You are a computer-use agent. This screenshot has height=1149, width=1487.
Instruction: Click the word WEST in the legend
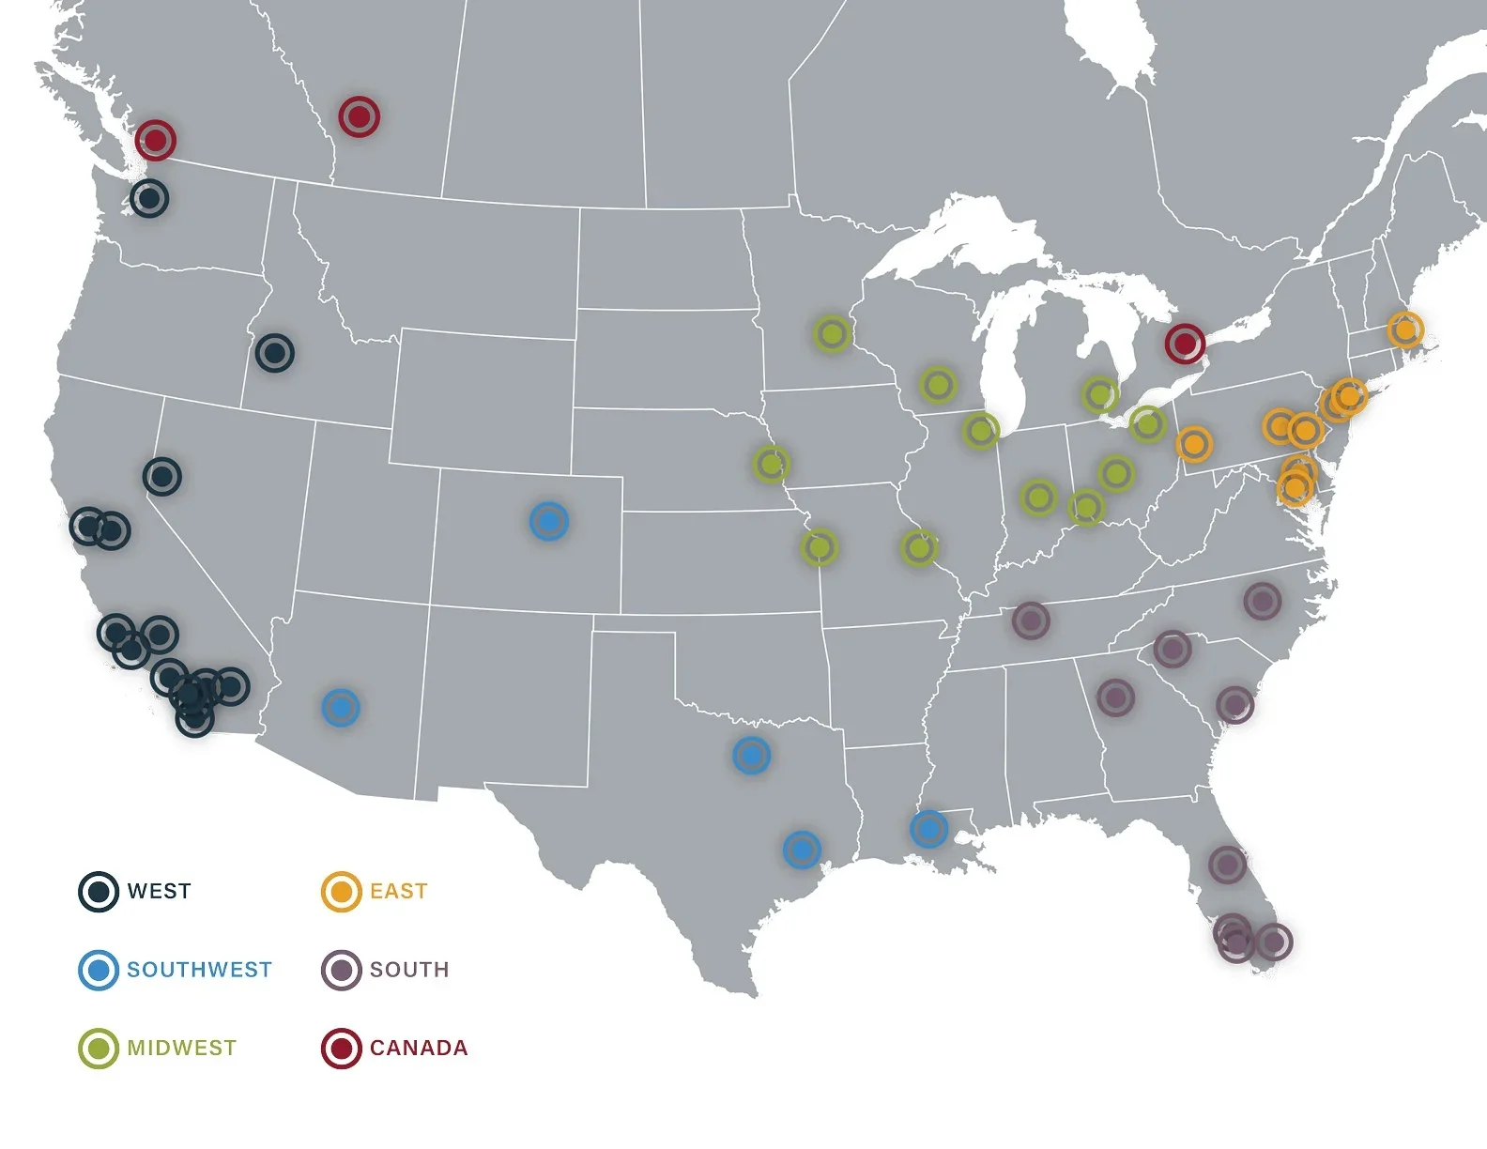pyautogui.click(x=159, y=891)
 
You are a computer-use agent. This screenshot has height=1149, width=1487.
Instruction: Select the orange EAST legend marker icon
pyautogui.click(x=341, y=891)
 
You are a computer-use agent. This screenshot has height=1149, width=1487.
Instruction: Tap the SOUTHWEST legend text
pyautogui.click(x=199, y=970)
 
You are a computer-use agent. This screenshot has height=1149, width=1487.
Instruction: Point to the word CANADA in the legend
pyautogui.click(x=419, y=1048)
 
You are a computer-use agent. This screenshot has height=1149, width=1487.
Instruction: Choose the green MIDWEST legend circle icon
pyautogui.click(x=98, y=1048)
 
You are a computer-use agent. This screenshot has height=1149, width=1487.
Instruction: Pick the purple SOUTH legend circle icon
pyautogui.click(x=341, y=970)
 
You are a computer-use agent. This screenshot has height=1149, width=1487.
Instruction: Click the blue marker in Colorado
pyautogui.click(x=549, y=521)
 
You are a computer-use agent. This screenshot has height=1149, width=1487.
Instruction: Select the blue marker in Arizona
pyautogui.click(x=341, y=707)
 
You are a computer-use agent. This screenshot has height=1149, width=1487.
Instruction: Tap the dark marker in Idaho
pyautogui.click(x=275, y=353)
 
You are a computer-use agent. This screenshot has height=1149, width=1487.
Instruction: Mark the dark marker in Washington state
pyautogui.click(x=149, y=199)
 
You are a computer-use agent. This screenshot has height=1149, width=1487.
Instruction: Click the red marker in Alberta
pyautogui.click(x=359, y=116)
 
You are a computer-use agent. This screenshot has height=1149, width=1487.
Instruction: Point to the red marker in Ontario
pyautogui.click(x=1185, y=344)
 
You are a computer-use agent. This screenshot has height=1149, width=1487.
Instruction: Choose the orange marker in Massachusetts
pyautogui.click(x=1405, y=329)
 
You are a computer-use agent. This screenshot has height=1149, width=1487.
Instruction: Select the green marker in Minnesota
pyautogui.click(x=832, y=333)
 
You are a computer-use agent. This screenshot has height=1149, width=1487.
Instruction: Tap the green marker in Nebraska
pyautogui.click(x=772, y=463)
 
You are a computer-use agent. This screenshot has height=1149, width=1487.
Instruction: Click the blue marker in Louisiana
pyautogui.click(x=928, y=829)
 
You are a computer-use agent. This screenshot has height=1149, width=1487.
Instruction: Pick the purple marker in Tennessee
pyautogui.click(x=1031, y=620)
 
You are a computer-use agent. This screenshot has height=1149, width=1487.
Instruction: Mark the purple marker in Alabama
pyautogui.click(x=1115, y=697)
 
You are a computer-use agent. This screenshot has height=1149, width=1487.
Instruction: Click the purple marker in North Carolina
pyautogui.click(x=1263, y=601)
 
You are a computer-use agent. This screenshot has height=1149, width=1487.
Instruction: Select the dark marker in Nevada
pyautogui.click(x=162, y=477)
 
